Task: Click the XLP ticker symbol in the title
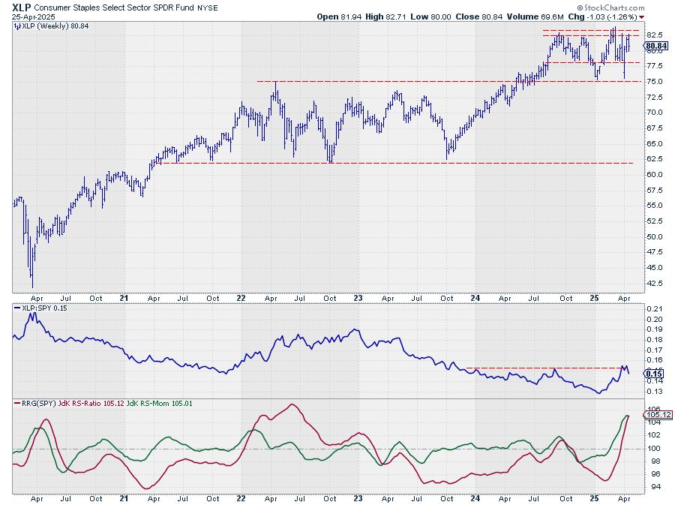(x=21, y=6)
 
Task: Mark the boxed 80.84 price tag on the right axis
(x=654, y=46)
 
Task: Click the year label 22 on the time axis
(x=241, y=298)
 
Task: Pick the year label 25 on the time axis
(x=592, y=298)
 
